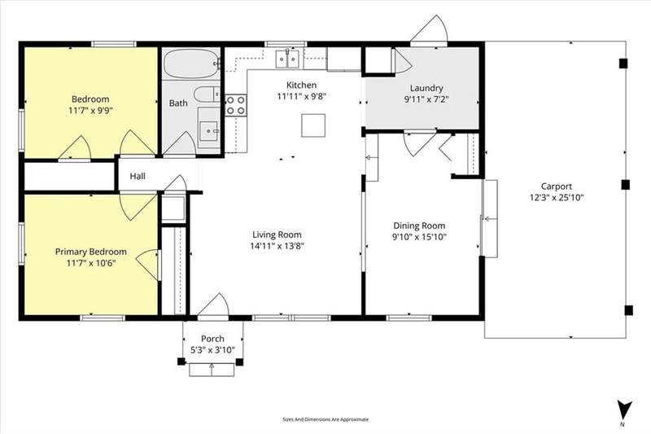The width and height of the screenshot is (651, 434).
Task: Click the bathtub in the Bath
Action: pos(191,64)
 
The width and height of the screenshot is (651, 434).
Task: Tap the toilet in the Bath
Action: pos(208,94)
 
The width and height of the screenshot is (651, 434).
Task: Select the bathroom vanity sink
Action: pos(209,131)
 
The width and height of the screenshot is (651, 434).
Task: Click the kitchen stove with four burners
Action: pos(236,105)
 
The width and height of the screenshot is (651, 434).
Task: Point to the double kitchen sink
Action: pos(287,59)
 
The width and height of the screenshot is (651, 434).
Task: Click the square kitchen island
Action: pos(313,125)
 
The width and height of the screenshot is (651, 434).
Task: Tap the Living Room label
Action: pos(277,235)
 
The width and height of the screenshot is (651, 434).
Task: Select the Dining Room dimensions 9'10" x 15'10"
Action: pos(419,237)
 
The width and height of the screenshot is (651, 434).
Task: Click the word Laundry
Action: pos(426,88)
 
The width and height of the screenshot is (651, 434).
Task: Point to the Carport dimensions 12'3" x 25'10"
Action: pos(557,197)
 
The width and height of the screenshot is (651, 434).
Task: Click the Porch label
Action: pos(212,339)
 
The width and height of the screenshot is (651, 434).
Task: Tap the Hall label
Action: pos(138,176)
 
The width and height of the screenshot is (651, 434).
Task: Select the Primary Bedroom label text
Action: pos(91,252)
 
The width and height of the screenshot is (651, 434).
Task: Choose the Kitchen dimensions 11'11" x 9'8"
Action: pos(302,96)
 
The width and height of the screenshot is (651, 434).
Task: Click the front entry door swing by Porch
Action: pos(213,305)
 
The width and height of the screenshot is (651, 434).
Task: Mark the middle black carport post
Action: pos(625,184)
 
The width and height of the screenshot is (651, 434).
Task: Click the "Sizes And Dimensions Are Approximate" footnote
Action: pos(325,419)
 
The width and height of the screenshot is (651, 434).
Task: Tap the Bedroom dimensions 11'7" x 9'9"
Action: pos(90,111)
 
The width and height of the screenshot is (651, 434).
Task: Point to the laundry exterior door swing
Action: pos(430,29)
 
